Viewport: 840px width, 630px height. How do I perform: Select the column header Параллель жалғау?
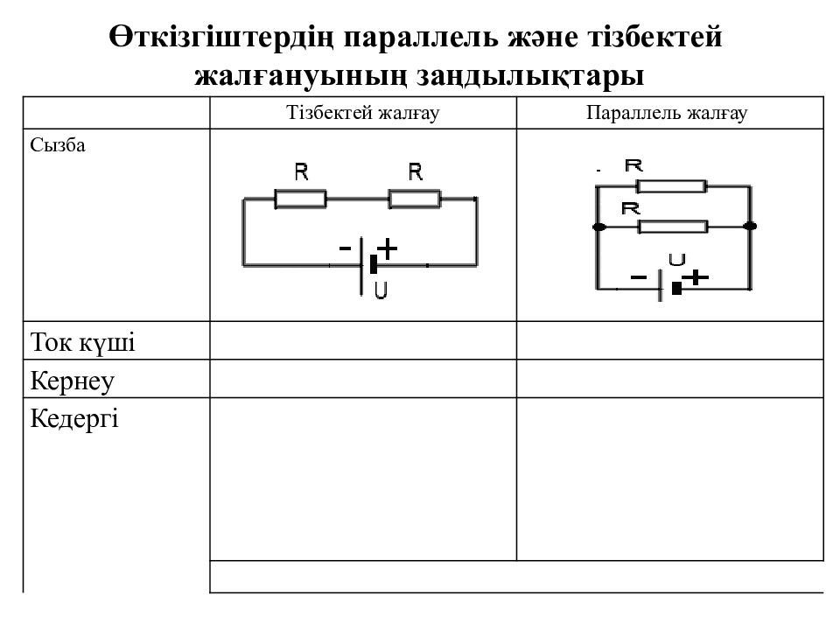670,113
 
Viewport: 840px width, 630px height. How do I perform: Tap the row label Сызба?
58,145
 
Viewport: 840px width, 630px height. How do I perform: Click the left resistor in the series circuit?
300,199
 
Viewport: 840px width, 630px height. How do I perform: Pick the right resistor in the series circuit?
415,199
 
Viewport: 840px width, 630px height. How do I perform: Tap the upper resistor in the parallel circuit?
671,185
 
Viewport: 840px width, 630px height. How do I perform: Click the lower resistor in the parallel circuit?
673,227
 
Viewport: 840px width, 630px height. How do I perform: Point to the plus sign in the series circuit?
387,248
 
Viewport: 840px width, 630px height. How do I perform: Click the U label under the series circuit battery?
381,290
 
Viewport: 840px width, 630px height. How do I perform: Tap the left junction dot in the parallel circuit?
597,227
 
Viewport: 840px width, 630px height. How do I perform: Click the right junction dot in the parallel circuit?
749,227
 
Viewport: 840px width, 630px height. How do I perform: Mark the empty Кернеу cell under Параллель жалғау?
670,380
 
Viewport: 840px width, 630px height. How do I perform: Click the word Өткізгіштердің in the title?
219,39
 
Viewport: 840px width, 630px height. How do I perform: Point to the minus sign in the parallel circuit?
639,278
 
